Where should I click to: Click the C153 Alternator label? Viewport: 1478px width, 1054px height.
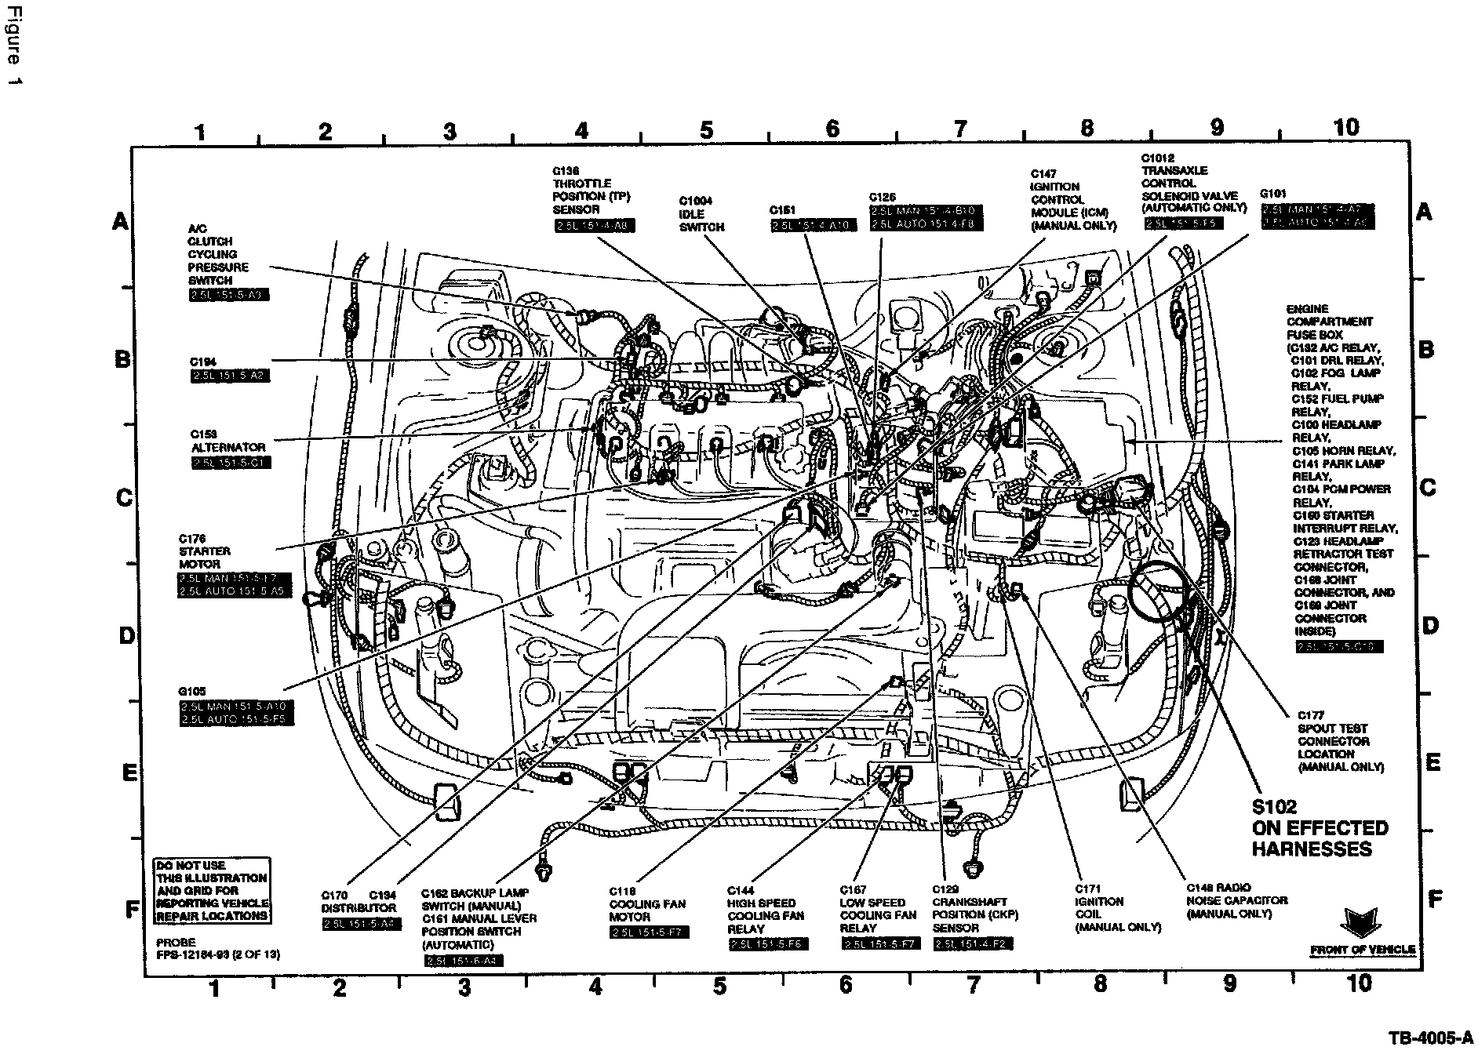point(228,441)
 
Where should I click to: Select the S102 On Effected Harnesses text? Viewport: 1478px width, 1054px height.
point(1319,827)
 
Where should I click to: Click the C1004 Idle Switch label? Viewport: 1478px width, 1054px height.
point(701,214)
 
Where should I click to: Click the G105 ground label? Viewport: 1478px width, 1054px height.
point(192,692)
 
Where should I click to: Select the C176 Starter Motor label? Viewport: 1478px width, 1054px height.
point(199,551)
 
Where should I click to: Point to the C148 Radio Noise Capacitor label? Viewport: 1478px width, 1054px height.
point(1236,901)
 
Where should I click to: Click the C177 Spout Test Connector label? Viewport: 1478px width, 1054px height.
point(1340,741)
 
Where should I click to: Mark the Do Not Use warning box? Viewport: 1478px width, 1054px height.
point(211,890)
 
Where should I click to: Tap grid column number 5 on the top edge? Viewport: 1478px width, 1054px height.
point(705,130)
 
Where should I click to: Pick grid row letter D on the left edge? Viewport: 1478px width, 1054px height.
point(126,634)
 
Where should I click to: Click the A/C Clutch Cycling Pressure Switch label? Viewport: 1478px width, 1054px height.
point(218,254)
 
